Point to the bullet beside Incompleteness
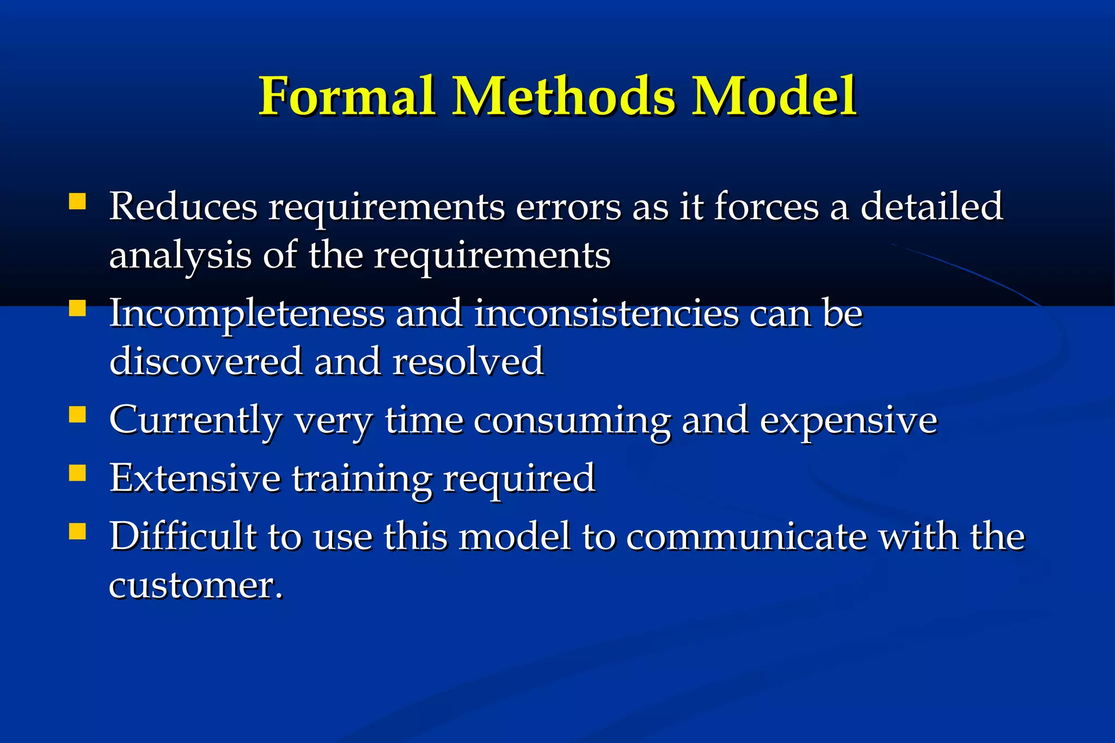78,309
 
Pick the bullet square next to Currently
78,415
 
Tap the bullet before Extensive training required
78,474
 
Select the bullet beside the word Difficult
78,531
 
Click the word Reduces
183,207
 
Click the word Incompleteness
247,314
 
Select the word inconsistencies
606,314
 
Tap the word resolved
468,361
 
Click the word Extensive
195,478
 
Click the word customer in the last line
195,586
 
